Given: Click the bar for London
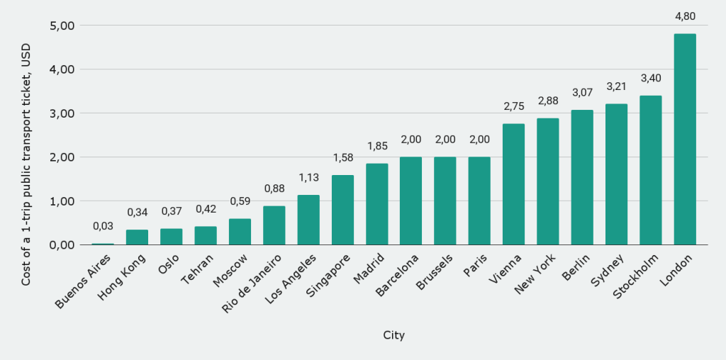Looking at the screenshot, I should pyautogui.click(x=684, y=139).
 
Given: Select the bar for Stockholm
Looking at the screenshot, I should pyautogui.click(x=650, y=170).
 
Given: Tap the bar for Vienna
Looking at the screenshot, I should pyautogui.click(x=513, y=184).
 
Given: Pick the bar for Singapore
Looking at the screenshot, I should pyautogui.click(x=342, y=210).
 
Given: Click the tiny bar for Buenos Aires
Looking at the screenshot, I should pyautogui.click(x=103, y=244).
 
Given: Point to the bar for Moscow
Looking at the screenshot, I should pyautogui.click(x=240, y=232).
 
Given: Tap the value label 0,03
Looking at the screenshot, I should pyautogui.click(x=103, y=225).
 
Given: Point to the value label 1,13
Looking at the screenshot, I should pyautogui.click(x=308, y=177).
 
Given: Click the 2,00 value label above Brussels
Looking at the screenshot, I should pyautogui.click(x=445, y=139).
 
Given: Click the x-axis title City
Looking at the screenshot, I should pyautogui.click(x=393, y=335).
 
